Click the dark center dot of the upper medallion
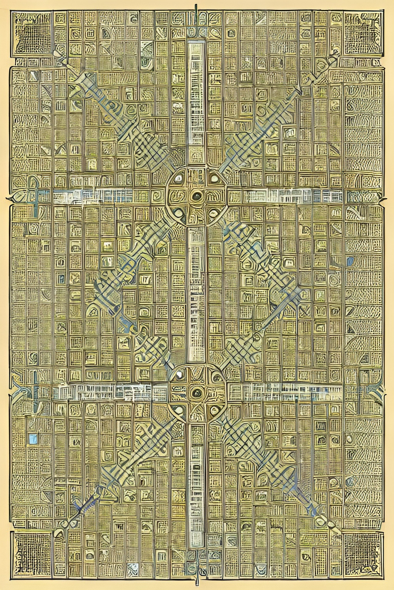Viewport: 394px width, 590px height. point(197,197)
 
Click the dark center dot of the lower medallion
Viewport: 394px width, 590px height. point(197,392)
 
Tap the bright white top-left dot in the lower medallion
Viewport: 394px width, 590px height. point(179,373)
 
